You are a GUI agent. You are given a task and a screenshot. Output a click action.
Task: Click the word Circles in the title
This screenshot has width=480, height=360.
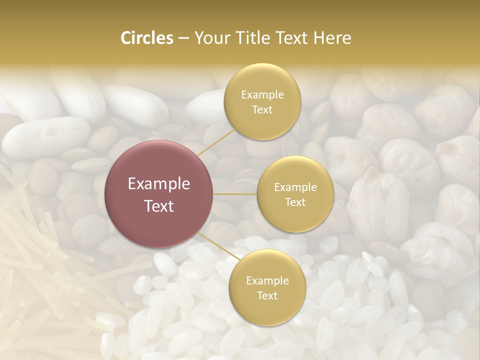[146, 38]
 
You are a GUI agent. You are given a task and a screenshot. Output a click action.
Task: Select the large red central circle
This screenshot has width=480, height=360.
[159, 194]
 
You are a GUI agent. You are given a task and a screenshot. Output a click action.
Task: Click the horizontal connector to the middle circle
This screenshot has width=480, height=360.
[235, 194]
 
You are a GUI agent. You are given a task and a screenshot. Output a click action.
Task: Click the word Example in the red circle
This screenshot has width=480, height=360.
[159, 184]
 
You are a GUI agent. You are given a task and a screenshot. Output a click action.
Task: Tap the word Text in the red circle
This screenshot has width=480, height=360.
[159, 206]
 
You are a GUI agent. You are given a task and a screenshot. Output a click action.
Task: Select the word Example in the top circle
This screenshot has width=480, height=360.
[262, 95]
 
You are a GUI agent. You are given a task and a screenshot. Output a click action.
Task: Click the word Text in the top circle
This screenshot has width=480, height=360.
[262, 110]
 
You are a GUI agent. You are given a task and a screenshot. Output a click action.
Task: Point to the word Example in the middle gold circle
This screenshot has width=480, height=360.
[295, 187]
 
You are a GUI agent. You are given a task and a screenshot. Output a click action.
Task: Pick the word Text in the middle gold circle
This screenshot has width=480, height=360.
[295, 202]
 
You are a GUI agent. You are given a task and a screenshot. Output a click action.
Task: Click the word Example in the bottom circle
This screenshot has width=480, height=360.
[267, 281]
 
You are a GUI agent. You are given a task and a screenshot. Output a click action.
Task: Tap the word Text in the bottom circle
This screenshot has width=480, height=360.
[267, 296]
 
